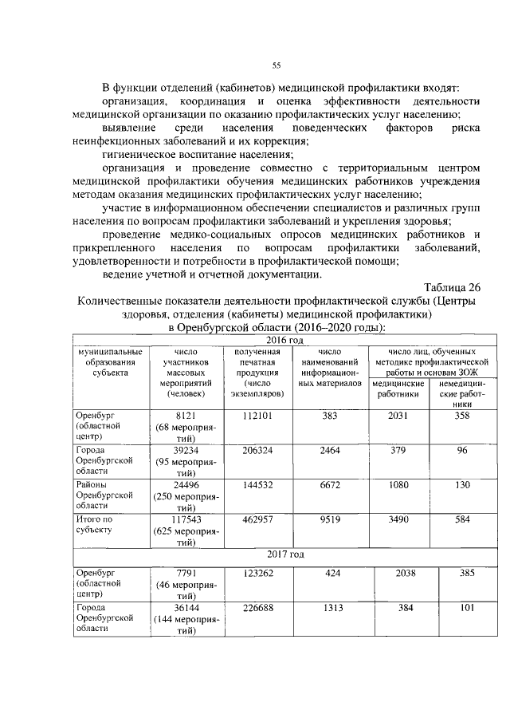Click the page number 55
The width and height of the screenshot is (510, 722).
[x=277, y=65]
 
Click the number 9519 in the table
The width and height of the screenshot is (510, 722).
[x=329, y=519]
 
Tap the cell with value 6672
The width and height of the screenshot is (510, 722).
[x=329, y=485]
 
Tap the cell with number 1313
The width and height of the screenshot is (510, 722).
[x=329, y=606]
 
